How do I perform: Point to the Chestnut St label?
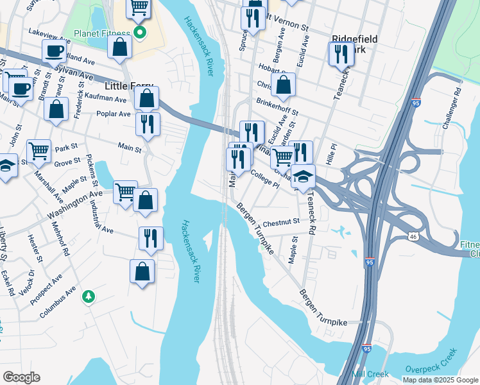tap(281, 222)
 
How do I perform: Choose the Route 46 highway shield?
tap(413, 237)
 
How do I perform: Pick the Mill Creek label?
tap(367, 373)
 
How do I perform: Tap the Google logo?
tap(21, 377)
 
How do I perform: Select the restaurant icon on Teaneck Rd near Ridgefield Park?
tap(341, 54)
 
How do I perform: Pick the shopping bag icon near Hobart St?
tap(283, 84)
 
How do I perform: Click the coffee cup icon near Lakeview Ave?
tap(55, 50)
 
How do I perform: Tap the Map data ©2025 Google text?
tap(440, 380)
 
